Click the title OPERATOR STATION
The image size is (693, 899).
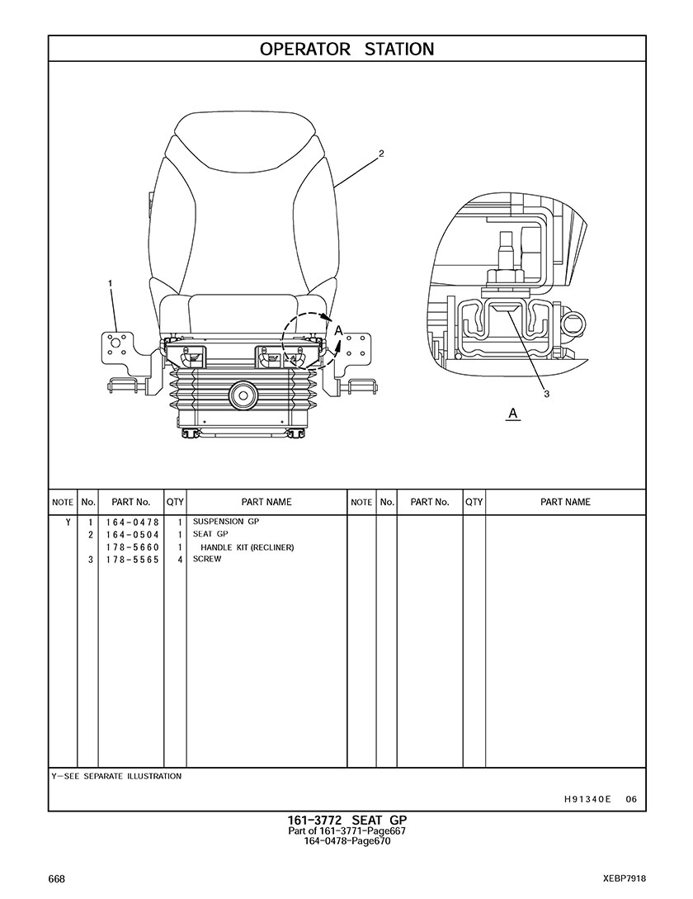click(x=346, y=49)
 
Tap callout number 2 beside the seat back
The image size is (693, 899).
click(x=381, y=153)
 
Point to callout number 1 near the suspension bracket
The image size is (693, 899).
click(x=110, y=283)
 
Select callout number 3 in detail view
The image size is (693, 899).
click(x=546, y=394)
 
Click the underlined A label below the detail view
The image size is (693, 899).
click(x=513, y=413)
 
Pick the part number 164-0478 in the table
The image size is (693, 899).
click(x=132, y=523)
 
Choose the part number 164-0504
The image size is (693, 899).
click(x=132, y=535)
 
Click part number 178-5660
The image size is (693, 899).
click(x=132, y=547)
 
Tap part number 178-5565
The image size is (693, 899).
click(x=132, y=560)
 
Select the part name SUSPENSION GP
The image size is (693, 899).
click(x=225, y=522)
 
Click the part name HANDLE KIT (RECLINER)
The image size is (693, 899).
click(x=247, y=547)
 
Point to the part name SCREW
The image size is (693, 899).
click(x=206, y=559)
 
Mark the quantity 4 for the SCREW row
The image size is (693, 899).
click(x=179, y=560)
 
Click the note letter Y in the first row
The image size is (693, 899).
click(x=67, y=523)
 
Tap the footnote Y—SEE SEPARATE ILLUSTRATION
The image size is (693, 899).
click(x=116, y=776)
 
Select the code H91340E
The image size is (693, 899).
click(x=587, y=798)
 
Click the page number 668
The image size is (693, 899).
click(x=57, y=878)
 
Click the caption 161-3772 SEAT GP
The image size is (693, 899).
click(x=346, y=820)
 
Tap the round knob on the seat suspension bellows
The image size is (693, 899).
click(x=243, y=395)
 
